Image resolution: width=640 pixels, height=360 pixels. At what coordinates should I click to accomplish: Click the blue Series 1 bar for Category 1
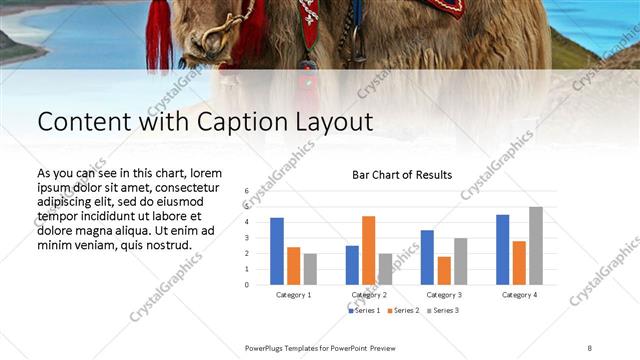pos(277,251)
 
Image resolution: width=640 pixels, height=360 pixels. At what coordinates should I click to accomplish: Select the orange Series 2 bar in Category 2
pos(368,250)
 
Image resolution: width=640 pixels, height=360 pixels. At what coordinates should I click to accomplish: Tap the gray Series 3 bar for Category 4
pos(536,246)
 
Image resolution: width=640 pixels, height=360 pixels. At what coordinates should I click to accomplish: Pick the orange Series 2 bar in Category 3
pos(444,271)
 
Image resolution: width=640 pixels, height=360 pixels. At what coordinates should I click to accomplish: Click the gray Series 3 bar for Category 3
pos(460,262)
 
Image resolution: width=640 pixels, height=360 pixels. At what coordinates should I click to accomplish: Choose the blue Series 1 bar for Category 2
pos(352,265)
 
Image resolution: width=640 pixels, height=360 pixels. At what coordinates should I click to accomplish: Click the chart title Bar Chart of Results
pos(401,175)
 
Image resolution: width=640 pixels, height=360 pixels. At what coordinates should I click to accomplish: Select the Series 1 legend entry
pos(365,311)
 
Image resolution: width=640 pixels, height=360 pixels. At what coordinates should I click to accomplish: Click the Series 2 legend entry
pos(403,311)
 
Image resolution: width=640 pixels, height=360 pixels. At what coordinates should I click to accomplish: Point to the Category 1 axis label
pos(294,295)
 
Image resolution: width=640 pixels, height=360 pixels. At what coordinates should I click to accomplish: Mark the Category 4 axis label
pos(519,295)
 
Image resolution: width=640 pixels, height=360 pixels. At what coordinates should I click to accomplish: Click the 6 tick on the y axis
pos(246,190)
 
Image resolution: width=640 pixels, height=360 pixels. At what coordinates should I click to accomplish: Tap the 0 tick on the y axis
pos(246,285)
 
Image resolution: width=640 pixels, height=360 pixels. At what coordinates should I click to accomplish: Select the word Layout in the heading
pos(331,122)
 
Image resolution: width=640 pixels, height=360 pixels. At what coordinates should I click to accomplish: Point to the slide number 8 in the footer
pos(590,347)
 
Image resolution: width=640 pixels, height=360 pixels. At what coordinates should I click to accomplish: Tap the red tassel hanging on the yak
pos(159,35)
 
